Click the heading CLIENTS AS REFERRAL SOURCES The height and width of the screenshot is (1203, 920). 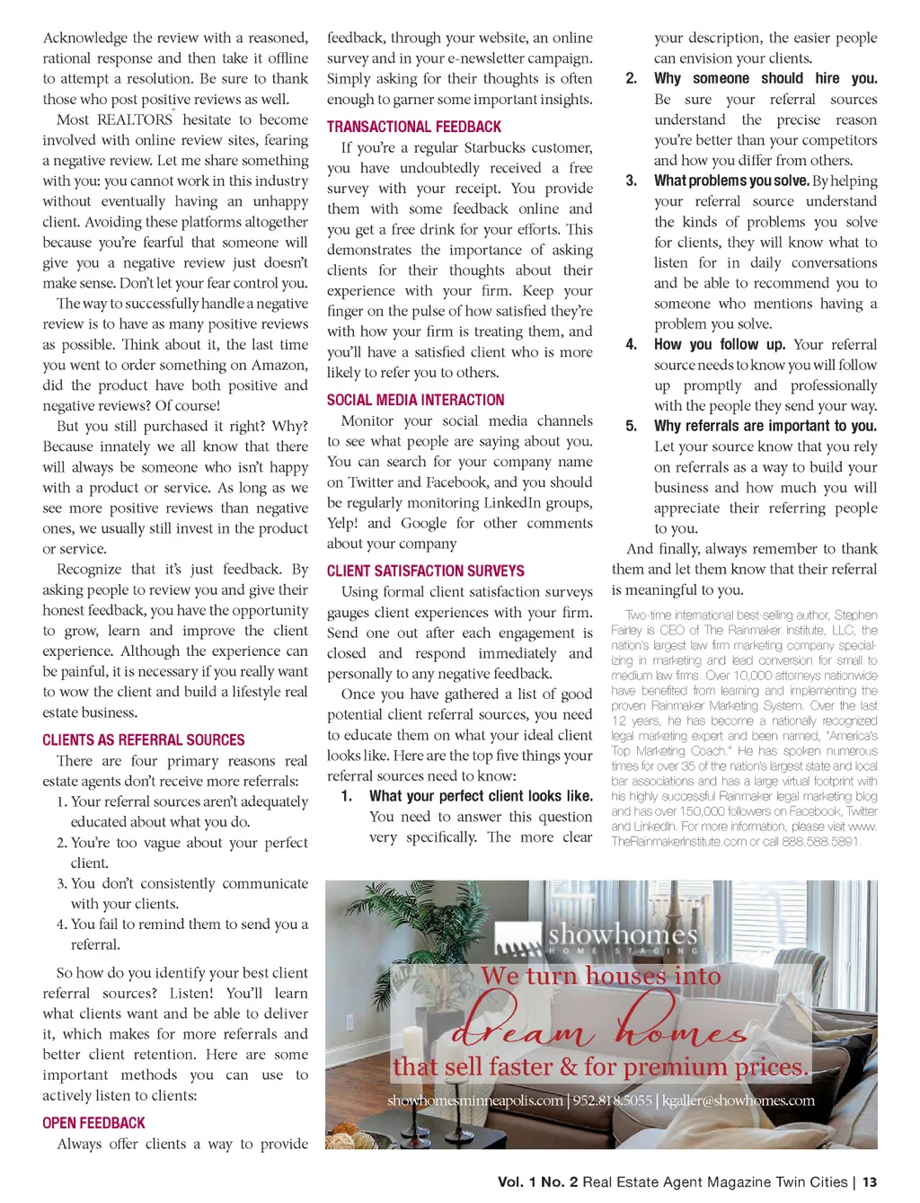pyautogui.click(x=144, y=740)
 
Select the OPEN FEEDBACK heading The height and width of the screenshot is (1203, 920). pyautogui.click(x=93, y=1123)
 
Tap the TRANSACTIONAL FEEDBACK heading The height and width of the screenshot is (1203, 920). pyautogui.click(x=414, y=128)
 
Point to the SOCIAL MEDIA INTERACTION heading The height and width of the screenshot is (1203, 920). pyautogui.click(x=415, y=401)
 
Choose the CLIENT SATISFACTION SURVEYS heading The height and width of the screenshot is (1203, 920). pyautogui.click(x=426, y=571)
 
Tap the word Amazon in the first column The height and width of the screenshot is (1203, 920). pyautogui.click(x=279, y=365)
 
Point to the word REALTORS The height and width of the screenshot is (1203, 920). pyautogui.click(x=135, y=119)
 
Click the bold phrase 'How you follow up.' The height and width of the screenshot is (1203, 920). pyautogui.click(x=720, y=344)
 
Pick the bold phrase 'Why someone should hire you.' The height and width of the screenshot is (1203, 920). pyautogui.click(x=765, y=78)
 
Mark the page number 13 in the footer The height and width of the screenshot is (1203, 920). pyautogui.click(x=870, y=1182)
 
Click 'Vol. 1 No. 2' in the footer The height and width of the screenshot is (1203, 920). pyautogui.click(x=538, y=1182)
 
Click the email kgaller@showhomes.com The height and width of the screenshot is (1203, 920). pyautogui.click(x=739, y=1101)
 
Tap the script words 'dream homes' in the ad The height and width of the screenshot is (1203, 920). pyautogui.click(x=598, y=1022)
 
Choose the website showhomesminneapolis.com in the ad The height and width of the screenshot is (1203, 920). pyautogui.click(x=474, y=1101)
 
